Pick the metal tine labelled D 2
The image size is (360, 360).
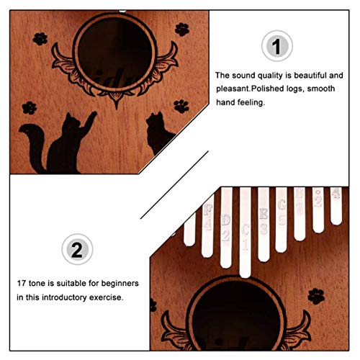tap(227, 230)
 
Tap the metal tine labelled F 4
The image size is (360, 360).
tap(209, 220)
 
